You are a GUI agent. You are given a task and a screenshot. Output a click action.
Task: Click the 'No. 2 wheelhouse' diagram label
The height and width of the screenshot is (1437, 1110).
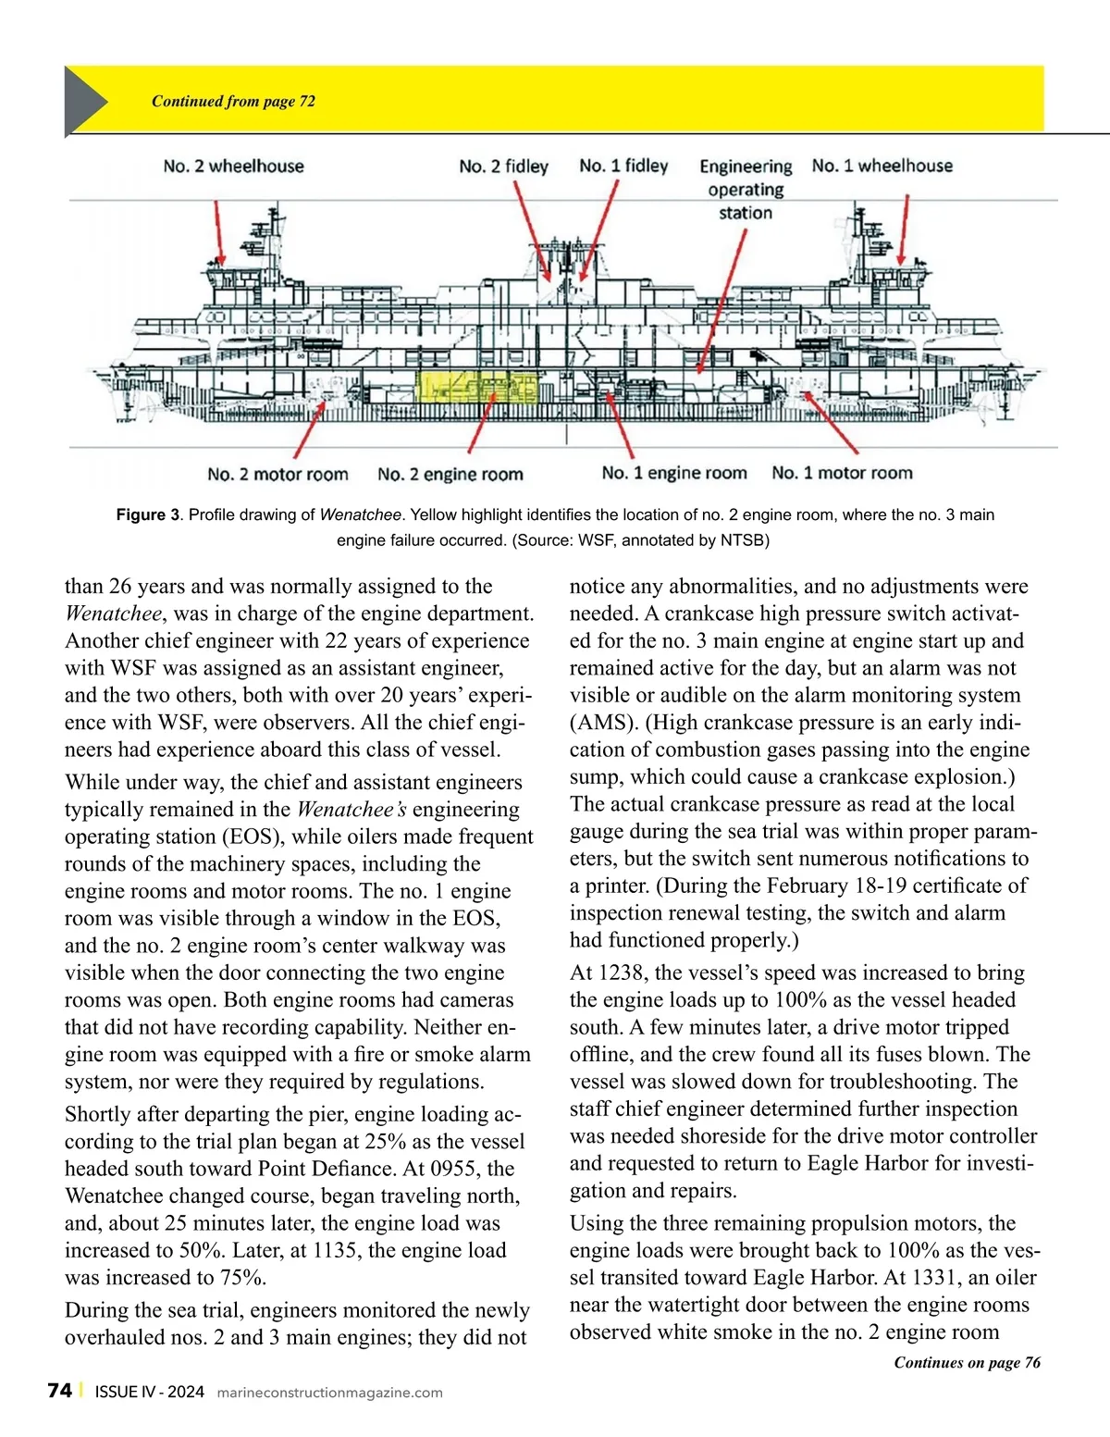click(233, 167)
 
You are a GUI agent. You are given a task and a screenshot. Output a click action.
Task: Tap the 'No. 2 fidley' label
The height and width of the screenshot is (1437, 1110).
click(503, 167)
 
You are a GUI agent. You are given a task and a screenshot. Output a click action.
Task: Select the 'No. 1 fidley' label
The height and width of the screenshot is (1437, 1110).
click(623, 166)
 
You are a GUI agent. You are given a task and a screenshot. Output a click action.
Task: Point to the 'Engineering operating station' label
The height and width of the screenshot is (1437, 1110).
click(746, 190)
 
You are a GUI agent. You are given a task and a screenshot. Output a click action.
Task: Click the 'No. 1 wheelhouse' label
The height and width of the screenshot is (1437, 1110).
click(882, 166)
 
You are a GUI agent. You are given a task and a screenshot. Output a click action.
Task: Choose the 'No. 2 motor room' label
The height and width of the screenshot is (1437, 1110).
click(277, 475)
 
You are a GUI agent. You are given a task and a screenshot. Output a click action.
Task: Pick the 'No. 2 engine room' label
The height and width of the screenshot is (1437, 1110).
click(450, 475)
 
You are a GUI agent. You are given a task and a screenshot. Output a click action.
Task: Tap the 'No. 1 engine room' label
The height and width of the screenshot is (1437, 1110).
click(673, 473)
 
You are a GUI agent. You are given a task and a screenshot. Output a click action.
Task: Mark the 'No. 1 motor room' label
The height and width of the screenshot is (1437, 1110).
click(842, 473)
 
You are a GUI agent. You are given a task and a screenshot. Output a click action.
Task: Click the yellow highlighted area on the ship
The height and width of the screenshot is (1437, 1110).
click(477, 388)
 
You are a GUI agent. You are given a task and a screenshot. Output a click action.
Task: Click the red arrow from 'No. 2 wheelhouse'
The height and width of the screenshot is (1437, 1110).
click(217, 230)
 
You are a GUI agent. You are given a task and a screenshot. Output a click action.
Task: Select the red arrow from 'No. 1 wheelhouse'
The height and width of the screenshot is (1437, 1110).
click(903, 230)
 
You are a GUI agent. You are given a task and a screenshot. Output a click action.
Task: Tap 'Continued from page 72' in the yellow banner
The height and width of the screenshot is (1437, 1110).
click(233, 102)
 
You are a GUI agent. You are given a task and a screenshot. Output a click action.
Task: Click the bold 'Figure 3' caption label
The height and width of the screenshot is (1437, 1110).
click(148, 515)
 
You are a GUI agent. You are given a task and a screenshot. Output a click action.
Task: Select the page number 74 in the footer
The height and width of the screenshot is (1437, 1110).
click(59, 1391)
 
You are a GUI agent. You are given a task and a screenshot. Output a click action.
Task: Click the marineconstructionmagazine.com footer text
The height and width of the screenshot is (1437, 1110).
click(329, 1393)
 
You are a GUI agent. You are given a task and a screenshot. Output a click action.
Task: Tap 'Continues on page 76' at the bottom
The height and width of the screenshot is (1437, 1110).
click(967, 1362)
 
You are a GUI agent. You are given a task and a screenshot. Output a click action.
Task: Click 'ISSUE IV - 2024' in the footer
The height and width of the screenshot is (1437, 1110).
click(149, 1392)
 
